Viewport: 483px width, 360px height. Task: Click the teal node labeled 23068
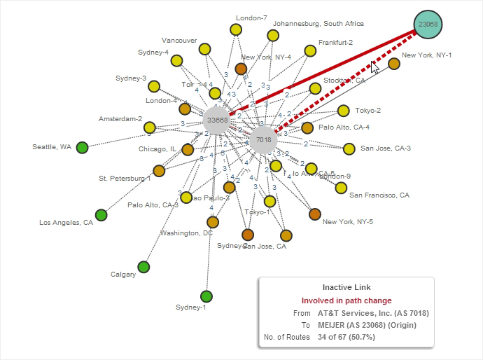coord(428,25)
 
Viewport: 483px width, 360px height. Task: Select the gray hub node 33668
coord(217,120)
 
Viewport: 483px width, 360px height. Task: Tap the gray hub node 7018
coord(263,139)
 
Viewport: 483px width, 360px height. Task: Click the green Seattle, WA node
coord(82,147)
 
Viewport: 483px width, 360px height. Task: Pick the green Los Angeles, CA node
coord(101,215)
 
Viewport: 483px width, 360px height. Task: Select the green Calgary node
coord(143,267)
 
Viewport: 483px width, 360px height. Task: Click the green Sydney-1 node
coord(206,296)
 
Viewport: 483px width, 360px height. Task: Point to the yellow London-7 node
coord(236,29)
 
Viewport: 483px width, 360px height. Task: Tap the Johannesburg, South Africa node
coord(272,35)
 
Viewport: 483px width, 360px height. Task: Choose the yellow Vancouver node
coord(204,49)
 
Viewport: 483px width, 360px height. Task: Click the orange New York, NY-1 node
coord(394,64)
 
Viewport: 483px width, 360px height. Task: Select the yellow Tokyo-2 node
coord(343,111)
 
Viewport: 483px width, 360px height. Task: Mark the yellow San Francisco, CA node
coord(341,188)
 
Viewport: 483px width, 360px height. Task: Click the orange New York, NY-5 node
coord(315,214)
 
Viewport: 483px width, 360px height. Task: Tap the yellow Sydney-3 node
coord(153,87)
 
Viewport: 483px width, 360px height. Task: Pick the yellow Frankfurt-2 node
coord(310,50)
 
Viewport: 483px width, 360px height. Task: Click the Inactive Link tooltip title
coord(346,287)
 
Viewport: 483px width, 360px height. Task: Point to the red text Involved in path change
coord(346,300)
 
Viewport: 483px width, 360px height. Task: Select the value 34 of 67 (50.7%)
coord(346,337)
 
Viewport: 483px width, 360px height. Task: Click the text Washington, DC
coord(186,233)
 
